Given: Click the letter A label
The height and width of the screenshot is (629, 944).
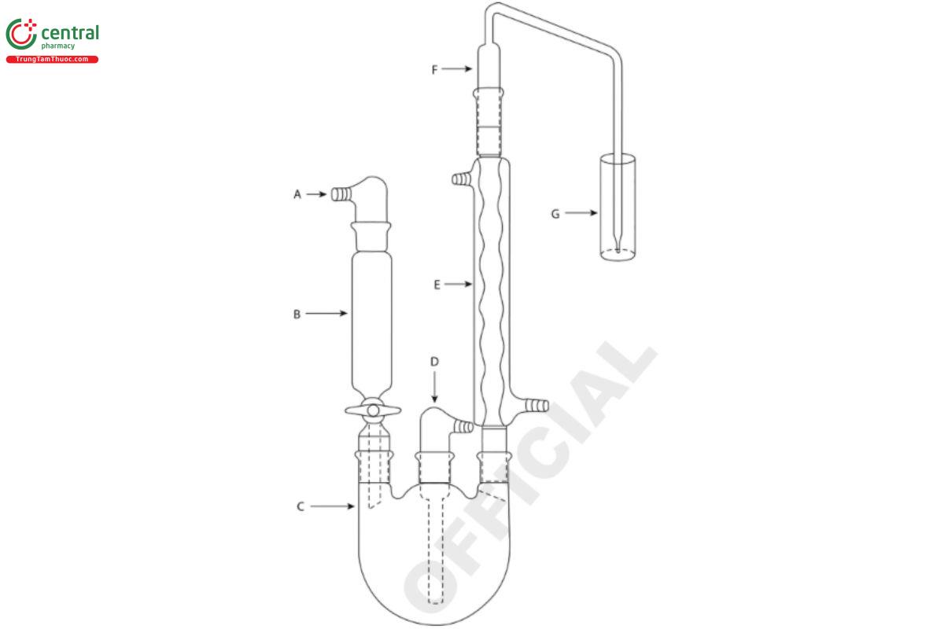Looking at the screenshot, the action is coord(297,194).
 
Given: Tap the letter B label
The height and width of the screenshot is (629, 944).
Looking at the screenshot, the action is coord(297,314).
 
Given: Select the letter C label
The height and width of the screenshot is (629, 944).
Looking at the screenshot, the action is coord(300,506).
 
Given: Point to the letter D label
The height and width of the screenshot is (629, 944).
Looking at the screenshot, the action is coord(434,362).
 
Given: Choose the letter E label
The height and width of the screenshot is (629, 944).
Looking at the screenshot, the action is coord(437,285).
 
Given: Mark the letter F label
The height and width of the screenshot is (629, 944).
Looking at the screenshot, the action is coord(434,69).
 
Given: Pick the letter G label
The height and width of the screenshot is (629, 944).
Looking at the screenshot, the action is coord(555,214).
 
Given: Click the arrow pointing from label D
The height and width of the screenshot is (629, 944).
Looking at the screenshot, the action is coord(434,387).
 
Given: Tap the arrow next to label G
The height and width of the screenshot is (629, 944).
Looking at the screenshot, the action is coord(581,213).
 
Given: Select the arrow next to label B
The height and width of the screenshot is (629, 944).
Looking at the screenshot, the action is coord(326,313).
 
